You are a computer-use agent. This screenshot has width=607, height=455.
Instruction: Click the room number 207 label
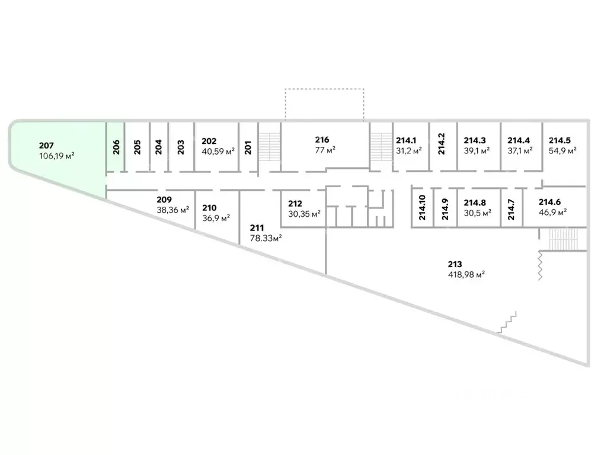pyautogui.click(x=46, y=146)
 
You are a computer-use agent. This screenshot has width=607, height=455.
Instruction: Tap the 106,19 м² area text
pyautogui.click(x=56, y=156)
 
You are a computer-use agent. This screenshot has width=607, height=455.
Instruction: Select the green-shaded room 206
pyautogui.click(x=116, y=147)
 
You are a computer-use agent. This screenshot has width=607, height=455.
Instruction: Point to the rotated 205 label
pyautogui.click(x=137, y=148)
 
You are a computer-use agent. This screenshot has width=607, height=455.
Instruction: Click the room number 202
pyautogui.click(x=209, y=141)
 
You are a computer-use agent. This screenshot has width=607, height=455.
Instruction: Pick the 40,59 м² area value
pyautogui.click(x=218, y=151)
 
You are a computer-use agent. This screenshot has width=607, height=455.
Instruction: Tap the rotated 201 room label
pyautogui.click(x=248, y=148)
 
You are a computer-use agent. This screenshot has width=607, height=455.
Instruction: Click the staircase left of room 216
pyautogui.click(x=270, y=147)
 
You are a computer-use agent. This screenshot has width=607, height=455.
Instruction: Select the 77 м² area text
pyautogui.click(x=325, y=150)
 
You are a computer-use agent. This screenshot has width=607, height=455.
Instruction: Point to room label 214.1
pyautogui.click(x=405, y=140)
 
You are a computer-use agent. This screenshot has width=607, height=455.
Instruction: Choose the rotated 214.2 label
pyautogui.click(x=442, y=144)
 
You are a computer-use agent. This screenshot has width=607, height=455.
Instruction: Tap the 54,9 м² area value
pyautogui.click(x=563, y=150)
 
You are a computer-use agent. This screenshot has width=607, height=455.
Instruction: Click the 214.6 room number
pyautogui.click(x=550, y=202)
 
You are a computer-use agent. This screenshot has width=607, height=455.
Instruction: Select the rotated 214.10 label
pyautogui.click(x=422, y=208)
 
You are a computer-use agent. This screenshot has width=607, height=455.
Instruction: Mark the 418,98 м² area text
pyautogui.click(x=467, y=275)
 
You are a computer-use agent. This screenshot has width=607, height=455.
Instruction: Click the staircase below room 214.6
pyautogui.click(x=563, y=239)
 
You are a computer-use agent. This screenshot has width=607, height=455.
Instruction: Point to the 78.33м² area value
pyautogui.click(x=266, y=238)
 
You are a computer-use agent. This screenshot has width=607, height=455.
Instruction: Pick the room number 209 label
pyautogui.click(x=164, y=200)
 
